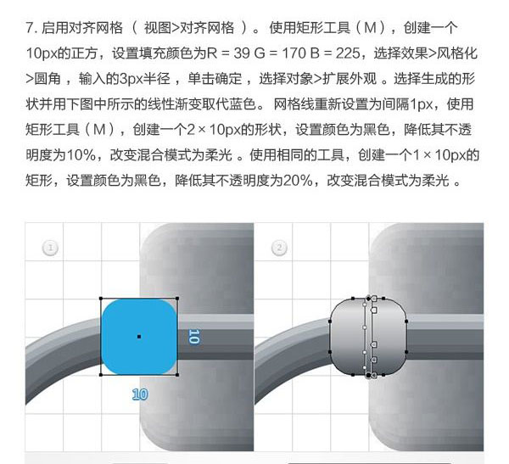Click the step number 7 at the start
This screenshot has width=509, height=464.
(30, 28)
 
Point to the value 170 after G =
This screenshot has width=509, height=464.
(294, 53)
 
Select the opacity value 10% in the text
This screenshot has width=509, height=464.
(81, 155)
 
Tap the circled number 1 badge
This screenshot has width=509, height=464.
(50, 248)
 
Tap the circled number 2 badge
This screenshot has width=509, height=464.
(279, 248)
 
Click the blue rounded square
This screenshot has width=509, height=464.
(139, 337)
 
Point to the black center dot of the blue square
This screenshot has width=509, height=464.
(139, 337)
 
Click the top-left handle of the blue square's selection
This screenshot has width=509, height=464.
(101, 299)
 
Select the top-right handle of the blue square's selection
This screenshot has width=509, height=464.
(177, 299)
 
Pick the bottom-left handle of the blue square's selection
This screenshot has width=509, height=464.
(101, 375)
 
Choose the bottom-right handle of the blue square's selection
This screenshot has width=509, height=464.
(177, 375)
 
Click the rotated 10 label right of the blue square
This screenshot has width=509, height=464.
(193, 337)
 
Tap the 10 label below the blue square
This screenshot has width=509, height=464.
(140, 394)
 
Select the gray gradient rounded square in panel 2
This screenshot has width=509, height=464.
(368, 337)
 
